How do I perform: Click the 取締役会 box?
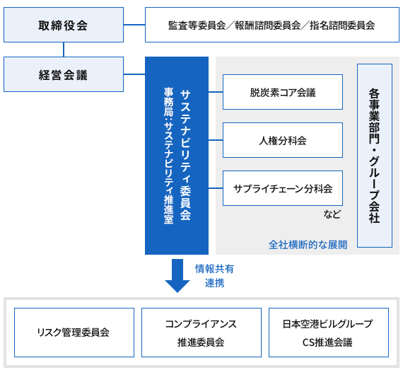tap(64, 25)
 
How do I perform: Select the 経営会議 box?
tap(64, 74)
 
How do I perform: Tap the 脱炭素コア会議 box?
tap(283, 92)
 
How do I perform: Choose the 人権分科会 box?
tap(283, 140)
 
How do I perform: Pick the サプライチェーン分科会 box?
tap(283, 188)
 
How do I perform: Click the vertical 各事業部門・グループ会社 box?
tap(375, 156)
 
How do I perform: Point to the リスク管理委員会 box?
tap(74, 332)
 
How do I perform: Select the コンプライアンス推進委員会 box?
tap(201, 332)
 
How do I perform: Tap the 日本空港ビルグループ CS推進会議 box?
tap(328, 332)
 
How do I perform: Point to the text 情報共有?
tap(214, 269)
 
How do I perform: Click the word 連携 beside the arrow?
tap(214, 283)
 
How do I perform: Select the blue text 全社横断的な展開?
tap(308, 245)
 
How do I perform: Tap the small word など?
tap(332, 214)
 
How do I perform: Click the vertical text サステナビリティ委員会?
tap(185, 156)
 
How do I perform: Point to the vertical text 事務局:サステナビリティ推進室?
tap(168, 156)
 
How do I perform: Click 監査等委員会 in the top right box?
tap(193, 25)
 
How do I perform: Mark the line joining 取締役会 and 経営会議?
tap(64, 50)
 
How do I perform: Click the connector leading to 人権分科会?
tap(216, 140)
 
